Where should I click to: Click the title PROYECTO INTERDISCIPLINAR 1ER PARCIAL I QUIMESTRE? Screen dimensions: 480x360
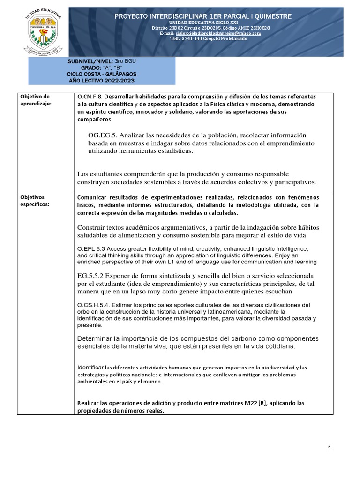click(203, 16)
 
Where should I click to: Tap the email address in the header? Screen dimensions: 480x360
click(217, 33)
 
